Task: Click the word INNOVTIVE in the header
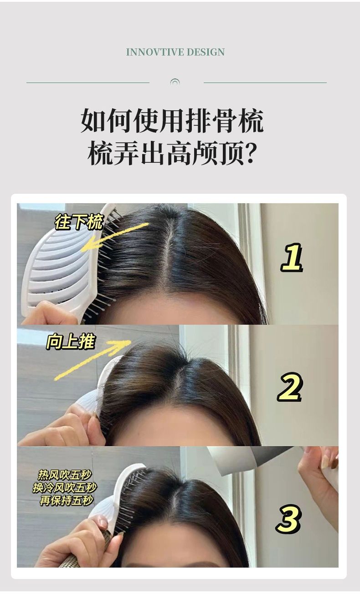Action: [154, 52]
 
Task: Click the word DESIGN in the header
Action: [206, 52]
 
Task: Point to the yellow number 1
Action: [292, 257]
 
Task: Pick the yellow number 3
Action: [288, 518]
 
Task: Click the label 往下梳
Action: [79, 222]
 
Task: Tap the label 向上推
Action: [71, 342]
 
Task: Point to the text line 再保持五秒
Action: [66, 500]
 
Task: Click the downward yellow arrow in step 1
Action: [115, 237]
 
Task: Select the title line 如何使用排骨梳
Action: [172, 120]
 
